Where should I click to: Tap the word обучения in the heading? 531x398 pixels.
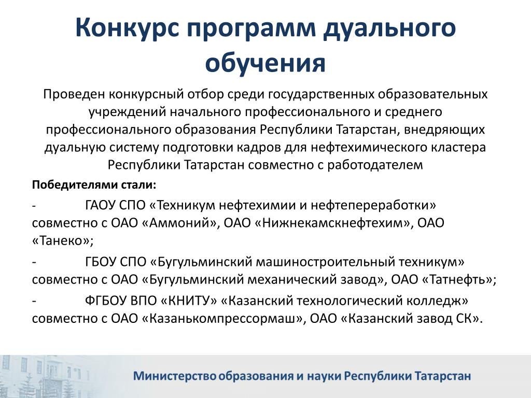[265, 63]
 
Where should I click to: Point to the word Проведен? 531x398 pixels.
[74, 94]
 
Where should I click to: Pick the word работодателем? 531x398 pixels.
[375, 165]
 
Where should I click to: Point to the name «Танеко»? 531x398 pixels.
[62, 240]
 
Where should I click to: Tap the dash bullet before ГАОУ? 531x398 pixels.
[34, 206]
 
